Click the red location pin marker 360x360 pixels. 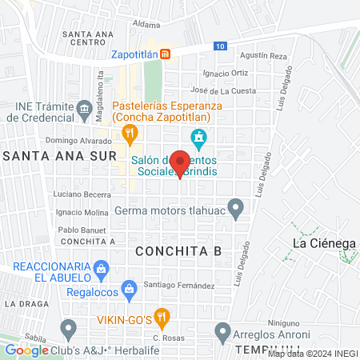[x=180, y=162]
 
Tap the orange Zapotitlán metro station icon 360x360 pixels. [x=165, y=54]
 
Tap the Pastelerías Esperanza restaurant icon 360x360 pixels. [x=126, y=131]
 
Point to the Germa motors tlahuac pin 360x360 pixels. [x=235, y=210]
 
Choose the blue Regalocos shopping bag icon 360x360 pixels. [x=126, y=287]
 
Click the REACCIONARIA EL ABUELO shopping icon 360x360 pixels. [x=100, y=267]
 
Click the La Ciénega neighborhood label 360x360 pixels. [x=324, y=243]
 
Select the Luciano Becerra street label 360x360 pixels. [x=82, y=194]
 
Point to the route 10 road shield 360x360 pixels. [x=219, y=46]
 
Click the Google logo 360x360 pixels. [x=27, y=350]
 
